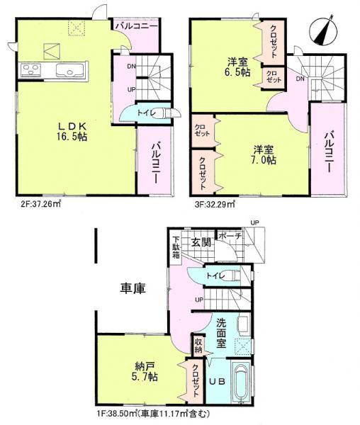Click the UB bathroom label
click(218, 381)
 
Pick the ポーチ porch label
click(230, 235)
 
